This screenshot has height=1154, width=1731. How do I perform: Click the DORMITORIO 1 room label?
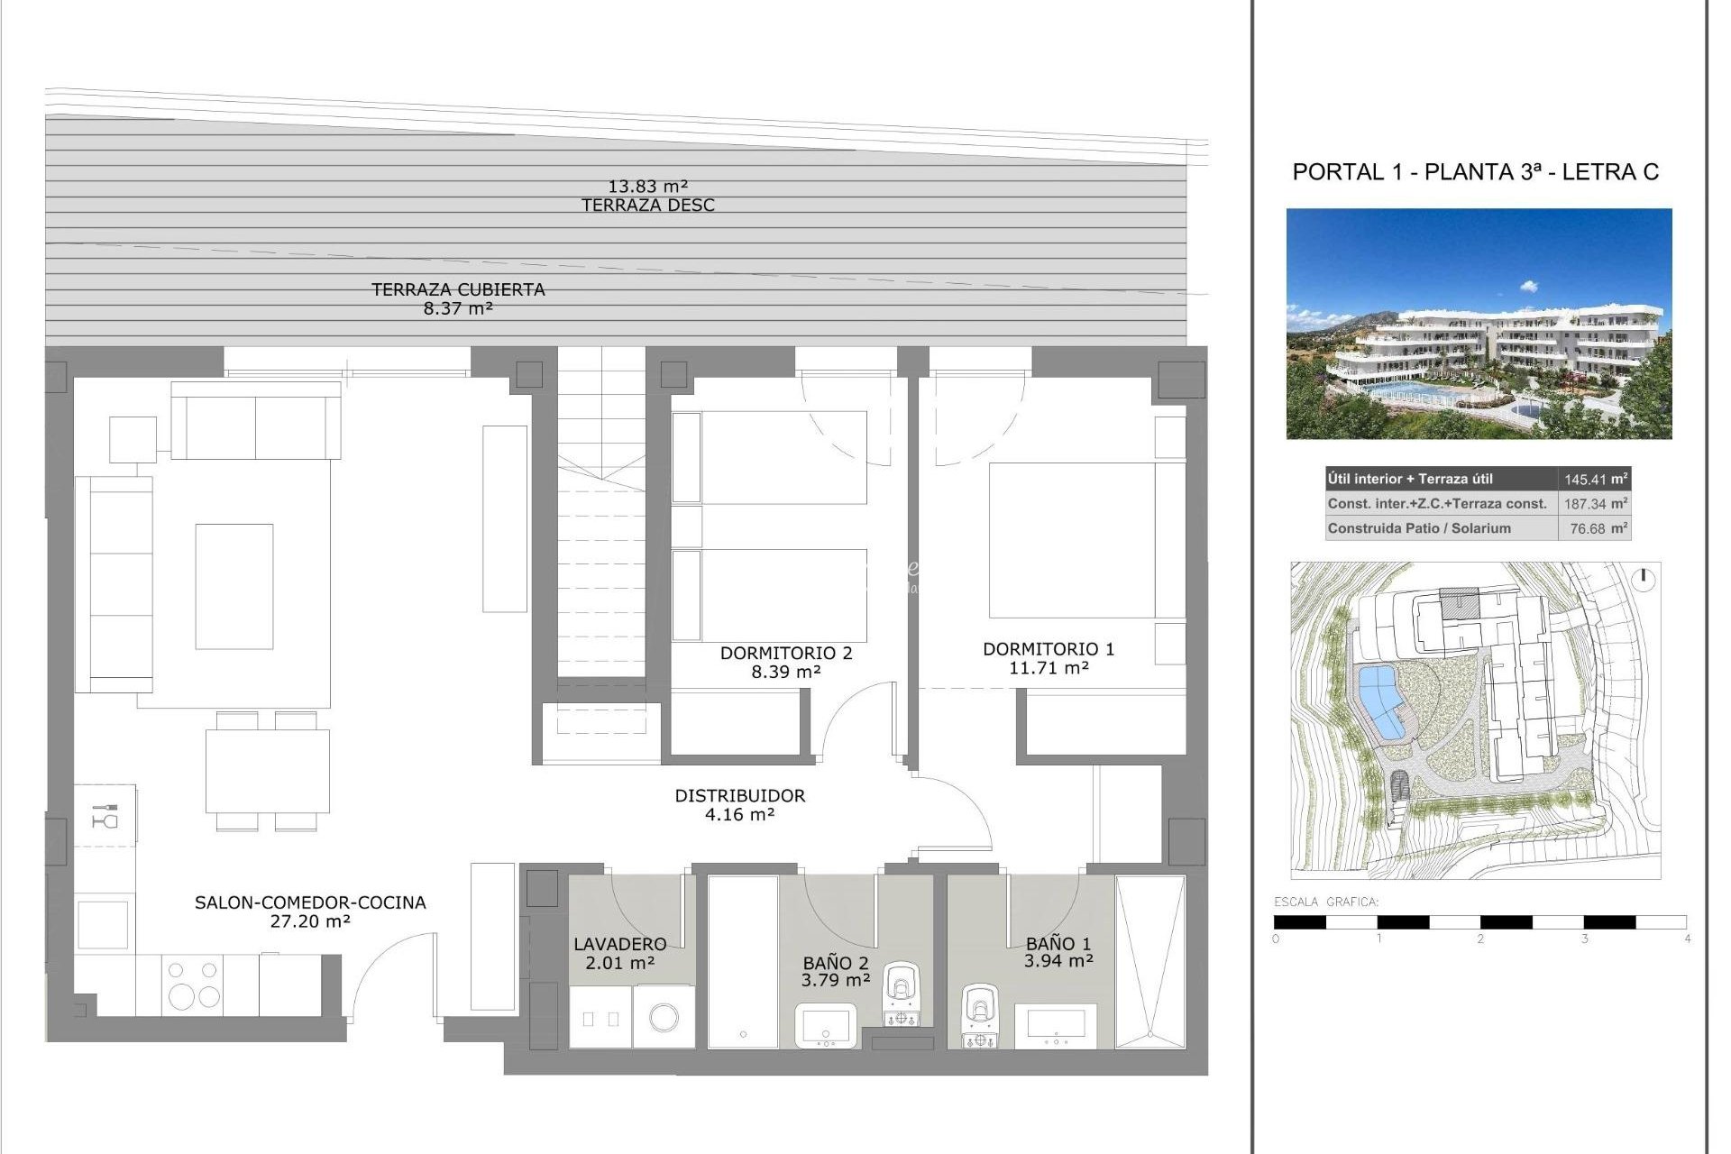(x=1048, y=649)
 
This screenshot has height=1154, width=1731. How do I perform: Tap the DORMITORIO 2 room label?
(x=785, y=653)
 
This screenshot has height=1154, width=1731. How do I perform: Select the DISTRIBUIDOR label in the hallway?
(x=739, y=796)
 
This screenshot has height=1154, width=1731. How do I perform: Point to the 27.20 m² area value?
(x=310, y=921)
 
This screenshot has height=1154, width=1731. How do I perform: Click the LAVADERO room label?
(x=620, y=944)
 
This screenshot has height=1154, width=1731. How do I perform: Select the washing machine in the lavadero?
(x=664, y=1018)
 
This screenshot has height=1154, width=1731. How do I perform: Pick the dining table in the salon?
(x=266, y=770)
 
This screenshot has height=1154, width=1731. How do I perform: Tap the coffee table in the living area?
(x=234, y=586)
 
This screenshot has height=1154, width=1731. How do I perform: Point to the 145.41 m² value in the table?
(x=1595, y=480)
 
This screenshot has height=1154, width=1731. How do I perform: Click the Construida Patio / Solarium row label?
(x=1419, y=528)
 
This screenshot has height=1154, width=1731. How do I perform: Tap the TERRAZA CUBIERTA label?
(x=458, y=289)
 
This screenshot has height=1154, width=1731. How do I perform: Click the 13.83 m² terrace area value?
(x=648, y=187)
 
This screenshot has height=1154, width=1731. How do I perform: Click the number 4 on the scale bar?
(x=1687, y=939)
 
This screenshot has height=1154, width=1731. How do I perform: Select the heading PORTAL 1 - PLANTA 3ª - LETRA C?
(x=1475, y=172)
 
